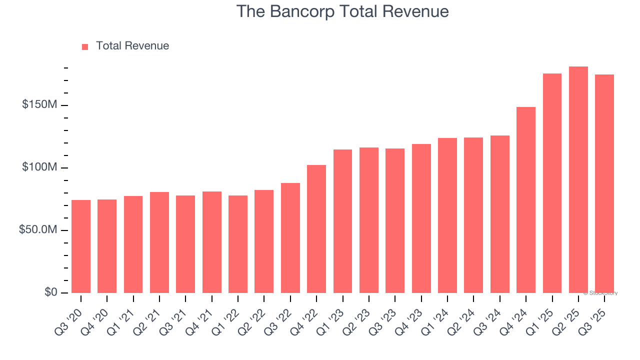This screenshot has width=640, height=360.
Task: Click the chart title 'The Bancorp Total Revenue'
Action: [x=342, y=11]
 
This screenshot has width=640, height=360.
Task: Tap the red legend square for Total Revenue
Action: [x=85, y=46]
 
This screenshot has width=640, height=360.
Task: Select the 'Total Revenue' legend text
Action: [x=132, y=46]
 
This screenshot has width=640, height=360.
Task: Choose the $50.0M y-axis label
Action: [x=38, y=230]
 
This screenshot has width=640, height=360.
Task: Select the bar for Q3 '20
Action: [x=81, y=246]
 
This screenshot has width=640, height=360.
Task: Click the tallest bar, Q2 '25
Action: [x=578, y=180]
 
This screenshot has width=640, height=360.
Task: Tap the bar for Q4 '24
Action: [x=526, y=200]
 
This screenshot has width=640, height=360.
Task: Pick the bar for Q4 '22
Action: [x=316, y=229]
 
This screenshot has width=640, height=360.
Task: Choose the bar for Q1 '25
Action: [x=552, y=183]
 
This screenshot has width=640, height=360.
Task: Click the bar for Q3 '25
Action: [x=604, y=183]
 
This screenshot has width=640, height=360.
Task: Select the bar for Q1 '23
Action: [x=342, y=221]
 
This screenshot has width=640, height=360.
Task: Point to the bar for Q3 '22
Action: [x=290, y=238]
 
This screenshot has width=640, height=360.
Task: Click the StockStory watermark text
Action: [x=600, y=293]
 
